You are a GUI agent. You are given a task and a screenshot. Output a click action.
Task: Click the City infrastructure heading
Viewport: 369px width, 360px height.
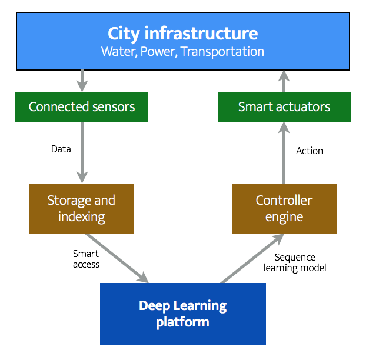pos(182,32)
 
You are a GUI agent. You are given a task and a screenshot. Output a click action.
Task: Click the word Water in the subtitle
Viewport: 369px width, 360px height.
pos(117,51)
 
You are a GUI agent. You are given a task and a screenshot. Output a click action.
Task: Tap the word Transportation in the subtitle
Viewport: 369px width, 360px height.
pos(222,51)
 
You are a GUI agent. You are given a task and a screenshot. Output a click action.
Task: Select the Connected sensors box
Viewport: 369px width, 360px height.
pos(82,106)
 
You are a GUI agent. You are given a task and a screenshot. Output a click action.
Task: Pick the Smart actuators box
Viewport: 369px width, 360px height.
pos(284,106)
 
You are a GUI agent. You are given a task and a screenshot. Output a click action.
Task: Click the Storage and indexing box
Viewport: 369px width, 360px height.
pos(82,208)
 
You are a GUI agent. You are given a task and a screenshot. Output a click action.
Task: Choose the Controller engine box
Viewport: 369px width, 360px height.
pos(284,208)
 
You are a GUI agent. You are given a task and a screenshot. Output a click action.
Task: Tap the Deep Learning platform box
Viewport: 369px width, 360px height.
pos(182,314)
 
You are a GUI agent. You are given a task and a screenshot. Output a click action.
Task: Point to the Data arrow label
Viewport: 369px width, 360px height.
pos(61,149)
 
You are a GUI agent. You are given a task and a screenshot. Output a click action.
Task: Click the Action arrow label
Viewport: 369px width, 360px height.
pos(310,151)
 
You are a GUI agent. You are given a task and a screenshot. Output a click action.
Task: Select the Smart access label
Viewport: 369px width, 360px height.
pos(86,259)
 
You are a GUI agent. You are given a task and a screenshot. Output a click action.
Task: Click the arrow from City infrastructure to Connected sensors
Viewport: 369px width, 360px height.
pos(82,80)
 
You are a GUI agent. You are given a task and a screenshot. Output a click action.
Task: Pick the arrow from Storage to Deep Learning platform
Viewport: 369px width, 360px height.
pos(117,257)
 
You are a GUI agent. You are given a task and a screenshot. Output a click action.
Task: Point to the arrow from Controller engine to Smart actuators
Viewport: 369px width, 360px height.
pos(284,153)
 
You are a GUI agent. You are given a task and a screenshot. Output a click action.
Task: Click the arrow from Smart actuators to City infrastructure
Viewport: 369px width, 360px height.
pos(284,81)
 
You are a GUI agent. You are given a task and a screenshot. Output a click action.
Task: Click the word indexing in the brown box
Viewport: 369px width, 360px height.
pos(82,216)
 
